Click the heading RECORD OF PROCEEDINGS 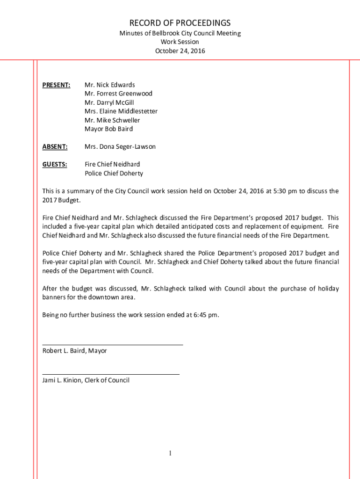pos(180,23)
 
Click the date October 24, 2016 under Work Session pos(180,51)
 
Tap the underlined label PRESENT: pos(56,85)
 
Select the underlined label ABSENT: pos(55,146)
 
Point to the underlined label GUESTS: pos(55,164)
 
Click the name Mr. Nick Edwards pos(109,85)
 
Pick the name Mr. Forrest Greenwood pos(118,94)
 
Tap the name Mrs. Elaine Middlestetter pos(121,111)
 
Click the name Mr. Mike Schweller pos(112,120)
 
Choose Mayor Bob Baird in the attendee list pos(108,129)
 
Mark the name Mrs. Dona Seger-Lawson pos(120,146)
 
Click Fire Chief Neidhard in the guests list pos(112,164)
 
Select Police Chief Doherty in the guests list pos(114,173)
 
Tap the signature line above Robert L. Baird pos(113,345)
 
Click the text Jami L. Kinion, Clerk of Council pos(86,380)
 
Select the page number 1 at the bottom pos(171,453)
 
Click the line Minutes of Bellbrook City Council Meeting pos(180,33)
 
